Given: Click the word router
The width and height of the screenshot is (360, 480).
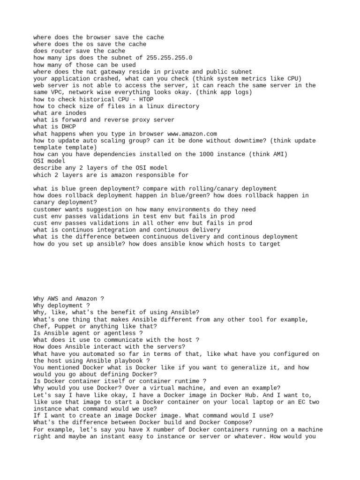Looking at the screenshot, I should (x=60, y=51).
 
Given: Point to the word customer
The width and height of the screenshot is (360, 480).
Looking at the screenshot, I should (x=47, y=209).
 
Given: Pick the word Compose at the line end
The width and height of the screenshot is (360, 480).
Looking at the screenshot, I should (x=229, y=423).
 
